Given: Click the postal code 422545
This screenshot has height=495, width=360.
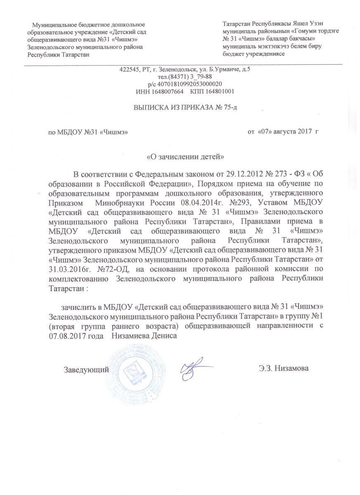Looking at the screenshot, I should click(128, 69).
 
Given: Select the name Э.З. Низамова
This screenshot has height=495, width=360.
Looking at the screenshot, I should click(282, 368).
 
